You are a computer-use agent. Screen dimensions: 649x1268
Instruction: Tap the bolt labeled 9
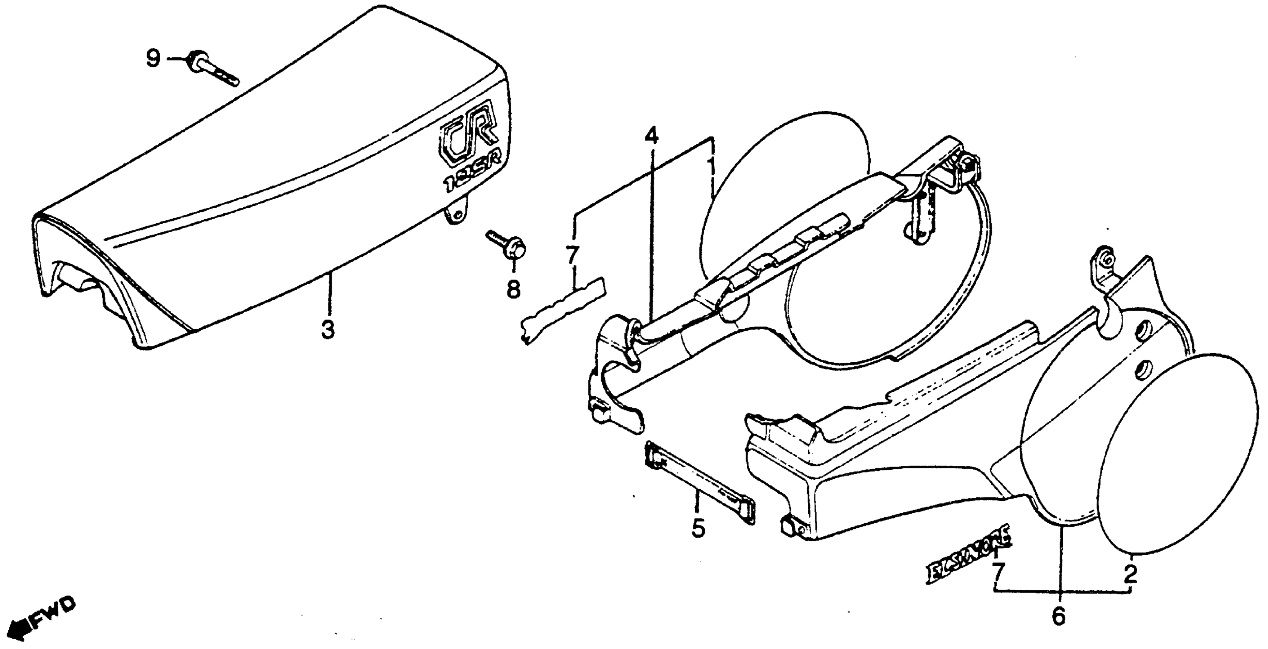(x=212, y=69)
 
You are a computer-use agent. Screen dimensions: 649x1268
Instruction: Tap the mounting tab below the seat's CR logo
(x=457, y=216)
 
